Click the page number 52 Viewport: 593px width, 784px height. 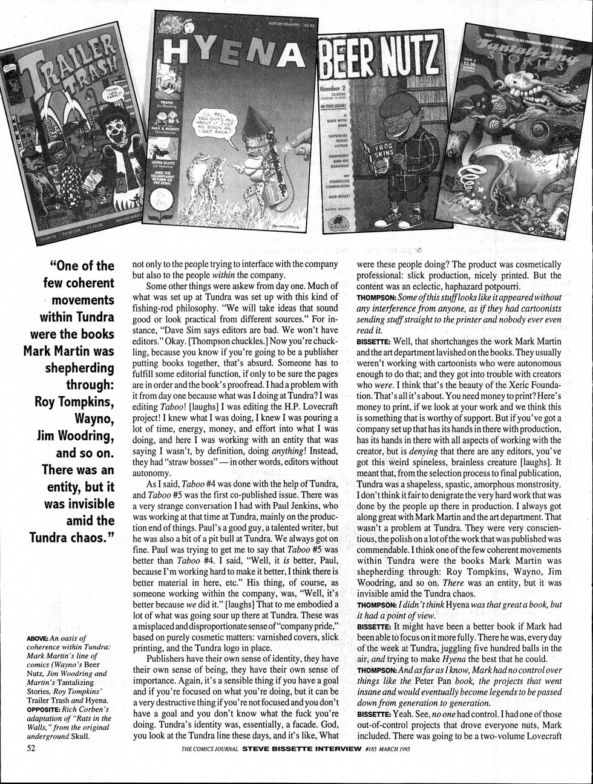point(31,748)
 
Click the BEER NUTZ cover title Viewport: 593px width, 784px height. point(378,61)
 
